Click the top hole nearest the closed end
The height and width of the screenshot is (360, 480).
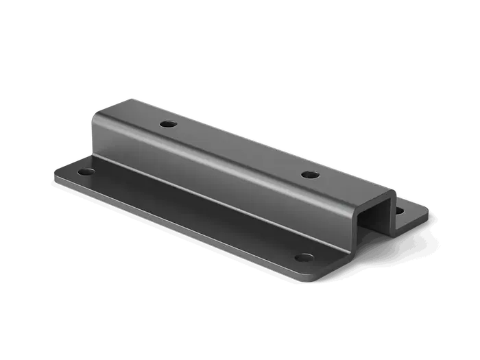[167, 125]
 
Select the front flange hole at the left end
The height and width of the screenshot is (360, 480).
[85, 170]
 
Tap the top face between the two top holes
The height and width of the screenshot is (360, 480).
[240, 149]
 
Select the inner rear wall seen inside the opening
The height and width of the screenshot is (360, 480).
[384, 215]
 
